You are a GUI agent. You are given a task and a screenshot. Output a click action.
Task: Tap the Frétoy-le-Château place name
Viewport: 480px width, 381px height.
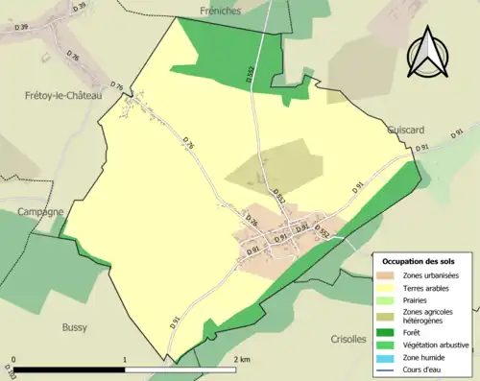pyautogui.click(x=60, y=96)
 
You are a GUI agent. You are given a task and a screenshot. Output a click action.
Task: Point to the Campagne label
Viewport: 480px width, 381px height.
pyautogui.click(x=37, y=211)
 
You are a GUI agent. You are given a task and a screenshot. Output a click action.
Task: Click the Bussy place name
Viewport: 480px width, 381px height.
pyautogui.click(x=74, y=327)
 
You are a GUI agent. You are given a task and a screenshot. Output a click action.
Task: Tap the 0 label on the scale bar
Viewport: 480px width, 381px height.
pyautogui.click(x=12, y=359)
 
